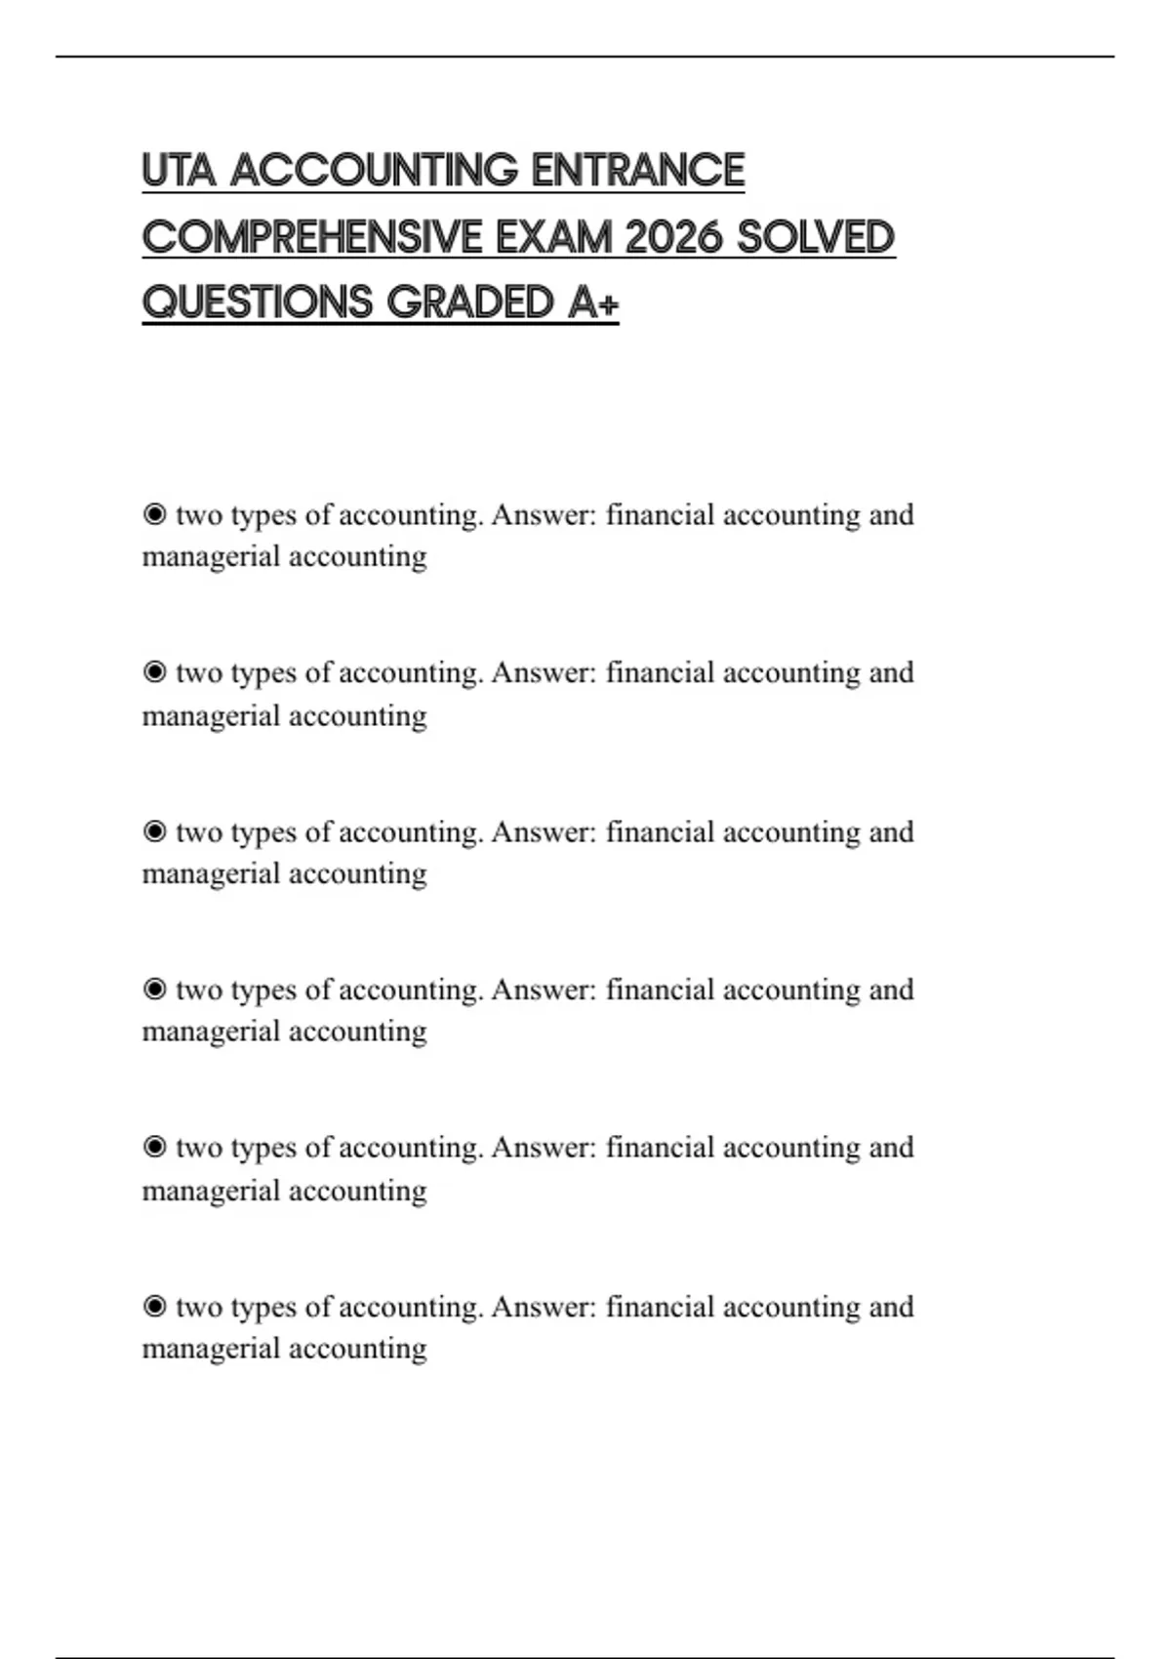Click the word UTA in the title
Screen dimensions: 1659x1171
coord(179,171)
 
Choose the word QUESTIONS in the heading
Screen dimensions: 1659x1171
coord(257,303)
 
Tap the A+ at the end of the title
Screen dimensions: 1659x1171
coord(592,303)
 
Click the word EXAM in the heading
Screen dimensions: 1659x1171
coord(552,237)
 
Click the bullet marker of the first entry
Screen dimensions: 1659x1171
coord(154,514)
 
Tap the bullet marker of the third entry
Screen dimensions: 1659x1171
coord(154,831)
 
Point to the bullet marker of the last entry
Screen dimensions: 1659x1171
coord(154,1306)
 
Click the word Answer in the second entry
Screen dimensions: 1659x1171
coord(543,672)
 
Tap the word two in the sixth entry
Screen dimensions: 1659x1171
coord(198,1307)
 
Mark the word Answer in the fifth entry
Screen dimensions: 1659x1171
coord(543,1147)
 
